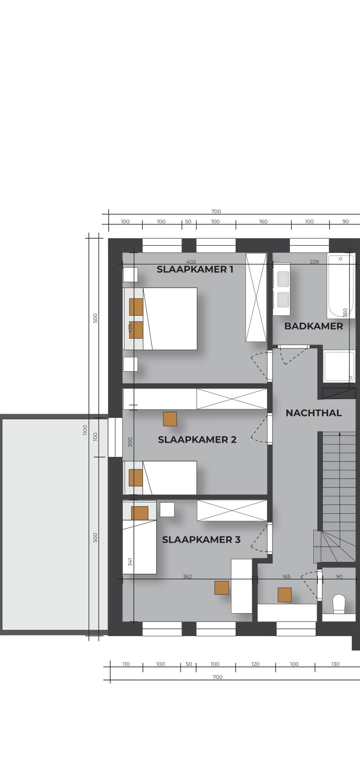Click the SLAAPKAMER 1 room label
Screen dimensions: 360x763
tap(195, 269)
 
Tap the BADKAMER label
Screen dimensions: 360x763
tap(314, 326)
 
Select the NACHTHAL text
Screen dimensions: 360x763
tap(314, 413)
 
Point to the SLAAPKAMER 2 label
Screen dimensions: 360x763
tap(197, 439)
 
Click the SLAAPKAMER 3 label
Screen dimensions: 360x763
tap(201, 539)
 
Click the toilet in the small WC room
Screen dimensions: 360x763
tap(339, 604)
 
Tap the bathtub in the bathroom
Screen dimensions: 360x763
tap(341, 286)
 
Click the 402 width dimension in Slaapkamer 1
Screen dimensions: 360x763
tap(191, 262)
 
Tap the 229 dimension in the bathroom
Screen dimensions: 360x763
tap(314, 262)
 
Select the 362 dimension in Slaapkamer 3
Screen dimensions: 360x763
tap(187, 576)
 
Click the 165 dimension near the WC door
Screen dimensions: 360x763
tap(286, 576)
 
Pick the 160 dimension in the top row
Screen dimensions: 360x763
tap(263, 221)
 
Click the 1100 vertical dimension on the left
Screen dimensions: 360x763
tap(85, 430)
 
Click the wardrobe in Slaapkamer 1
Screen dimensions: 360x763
tap(256, 297)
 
